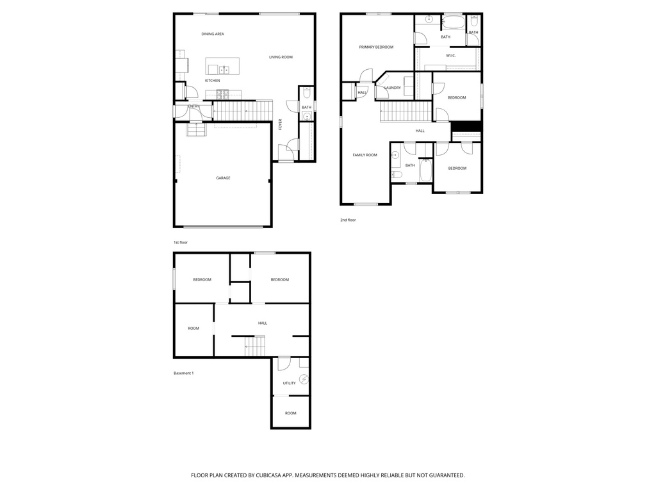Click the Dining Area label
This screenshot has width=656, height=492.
213,34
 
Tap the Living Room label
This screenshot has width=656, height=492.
281,57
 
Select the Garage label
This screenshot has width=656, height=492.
223,177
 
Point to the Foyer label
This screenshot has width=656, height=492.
280,125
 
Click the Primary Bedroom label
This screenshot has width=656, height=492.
376,47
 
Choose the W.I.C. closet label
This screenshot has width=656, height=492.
450,55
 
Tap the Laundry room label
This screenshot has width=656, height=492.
392,88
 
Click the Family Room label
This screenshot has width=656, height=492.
365,154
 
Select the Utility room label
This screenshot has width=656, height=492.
290,383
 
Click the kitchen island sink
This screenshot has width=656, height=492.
224,70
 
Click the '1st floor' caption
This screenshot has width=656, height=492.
181,243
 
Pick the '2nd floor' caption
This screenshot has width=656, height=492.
348,220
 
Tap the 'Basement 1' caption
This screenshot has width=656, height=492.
183,373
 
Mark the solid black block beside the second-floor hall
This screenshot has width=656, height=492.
466,126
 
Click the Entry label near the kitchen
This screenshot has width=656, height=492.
193,106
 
